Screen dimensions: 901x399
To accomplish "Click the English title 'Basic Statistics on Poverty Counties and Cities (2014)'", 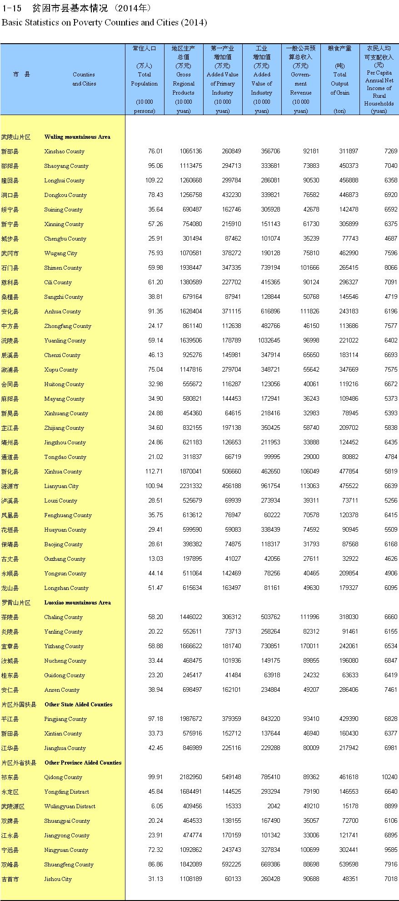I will pyautogui.click(x=104, y=23).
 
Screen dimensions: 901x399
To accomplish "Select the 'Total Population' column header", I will pyautogui.click(x=144, y=79).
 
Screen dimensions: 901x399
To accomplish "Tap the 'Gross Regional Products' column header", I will pyautogui.click(x=183, y=84).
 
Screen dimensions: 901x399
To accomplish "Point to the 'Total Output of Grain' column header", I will pyautogui.click(x=339, y=84).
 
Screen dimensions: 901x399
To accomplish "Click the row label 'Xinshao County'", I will pyautogui.click(x=64, y=151).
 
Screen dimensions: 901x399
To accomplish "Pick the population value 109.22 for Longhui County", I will pyautogui.click(x=154, y=181).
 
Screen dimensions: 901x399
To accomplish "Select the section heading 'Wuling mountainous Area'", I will pyautogui.click(x=77, y=137).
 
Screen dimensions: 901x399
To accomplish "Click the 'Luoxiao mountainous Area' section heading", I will pyautogui.click(x=77, y=603).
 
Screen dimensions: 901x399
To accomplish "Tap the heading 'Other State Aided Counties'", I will pyautogui.click(x=78, y=705).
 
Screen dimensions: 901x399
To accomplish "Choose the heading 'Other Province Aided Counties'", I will pyautogui.click(x=83, y=763).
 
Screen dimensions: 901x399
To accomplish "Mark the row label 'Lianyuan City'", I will pyautogui.click(x=61, y=486).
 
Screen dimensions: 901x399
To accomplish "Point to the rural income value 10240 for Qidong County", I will pyautogui.click(x=389, y=777).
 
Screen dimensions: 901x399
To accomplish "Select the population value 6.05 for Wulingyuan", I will pyautogui.click(x=157, y=806).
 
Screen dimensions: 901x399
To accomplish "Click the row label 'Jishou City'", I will pyautogui.click(x=58, y=879).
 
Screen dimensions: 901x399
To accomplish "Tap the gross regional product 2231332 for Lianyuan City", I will pyautogui.click(x=190, y=486).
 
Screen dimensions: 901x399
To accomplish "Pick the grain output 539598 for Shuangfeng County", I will pyautogui.click(x=349, y=865).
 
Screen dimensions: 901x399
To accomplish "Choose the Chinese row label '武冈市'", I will pyautogui.click(x=10, y=253).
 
